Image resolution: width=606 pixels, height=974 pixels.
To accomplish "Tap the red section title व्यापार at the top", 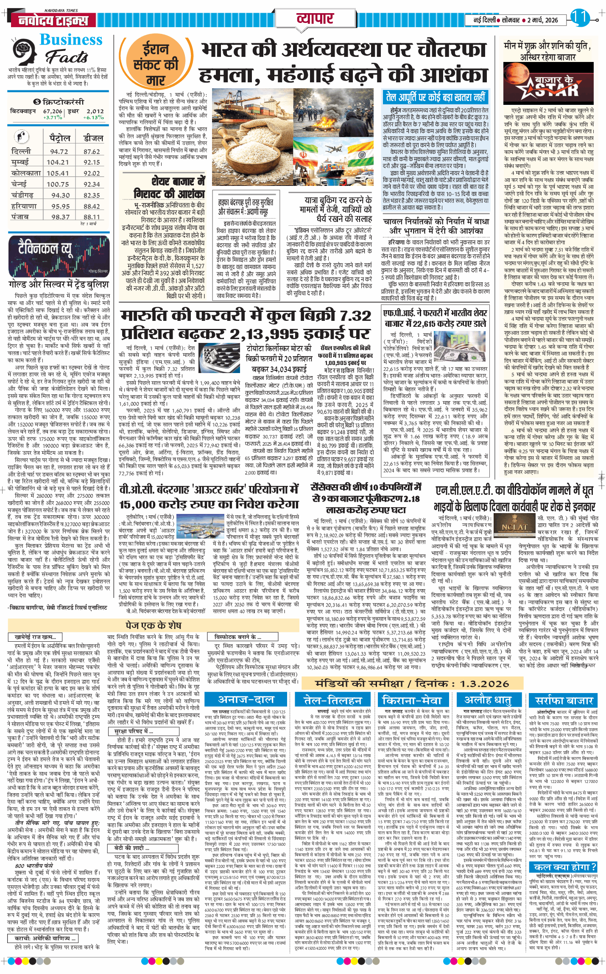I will click(x=315, y=19).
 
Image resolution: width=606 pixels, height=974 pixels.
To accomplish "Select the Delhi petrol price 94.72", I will click(x=59, y=152).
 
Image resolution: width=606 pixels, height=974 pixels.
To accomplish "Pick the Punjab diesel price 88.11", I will click(x=92, y=217).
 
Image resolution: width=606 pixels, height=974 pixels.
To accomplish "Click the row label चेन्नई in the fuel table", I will click(x=19, y=184).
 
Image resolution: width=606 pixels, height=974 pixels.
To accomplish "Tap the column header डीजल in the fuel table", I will click(x=93, y=138).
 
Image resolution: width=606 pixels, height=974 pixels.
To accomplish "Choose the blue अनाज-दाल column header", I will click(x=246, y=699).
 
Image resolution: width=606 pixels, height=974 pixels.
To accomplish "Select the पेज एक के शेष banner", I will click(x=154, y=625).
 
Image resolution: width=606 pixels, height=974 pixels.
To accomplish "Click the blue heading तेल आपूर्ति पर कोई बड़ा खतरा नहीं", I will click(x=435, y=97).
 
